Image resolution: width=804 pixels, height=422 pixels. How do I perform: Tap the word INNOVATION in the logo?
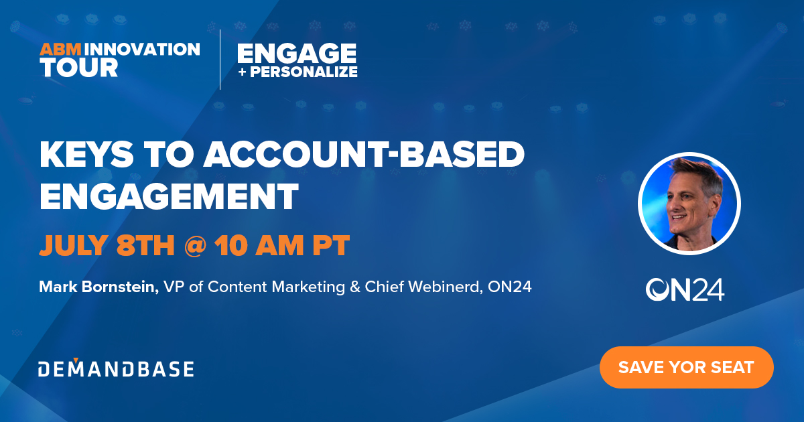[x=144, y=50]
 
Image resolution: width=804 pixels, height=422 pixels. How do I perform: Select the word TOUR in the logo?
[x=79, y=68]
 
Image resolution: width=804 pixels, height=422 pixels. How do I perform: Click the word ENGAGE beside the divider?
[x=296, y=53]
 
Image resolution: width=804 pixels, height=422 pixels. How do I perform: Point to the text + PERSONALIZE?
[x=297, y=72]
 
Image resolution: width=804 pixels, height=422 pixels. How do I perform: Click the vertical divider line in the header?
[x=220, y=59]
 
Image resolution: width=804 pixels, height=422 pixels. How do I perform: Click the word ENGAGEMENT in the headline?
[x=168, y=197]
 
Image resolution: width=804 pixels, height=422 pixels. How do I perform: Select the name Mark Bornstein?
[x=98, y=287]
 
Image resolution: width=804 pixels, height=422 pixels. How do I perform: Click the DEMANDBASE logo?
[x=116, y=368]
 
